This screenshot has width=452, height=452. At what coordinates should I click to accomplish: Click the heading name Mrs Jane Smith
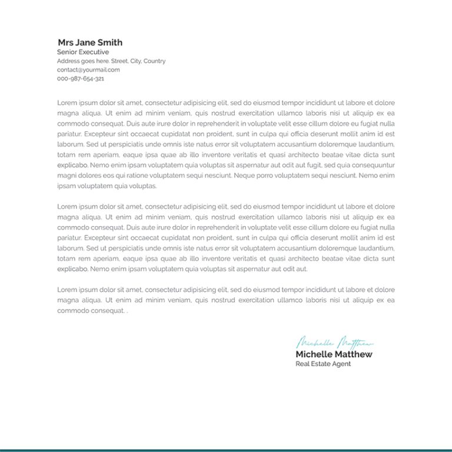[x=90, y=42]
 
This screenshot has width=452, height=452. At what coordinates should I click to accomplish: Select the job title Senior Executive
[x=83, y=52]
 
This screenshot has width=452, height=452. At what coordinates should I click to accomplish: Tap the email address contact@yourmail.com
[x=88, y=69]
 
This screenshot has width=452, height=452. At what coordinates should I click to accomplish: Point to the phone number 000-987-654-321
[x=81, y=78]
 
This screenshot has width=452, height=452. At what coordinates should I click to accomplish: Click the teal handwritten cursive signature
[x=334, y=343]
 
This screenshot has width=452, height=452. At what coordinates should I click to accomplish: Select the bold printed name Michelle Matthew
[x=334, y=354]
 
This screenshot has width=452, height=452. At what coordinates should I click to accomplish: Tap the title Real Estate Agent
[x=323, y=364]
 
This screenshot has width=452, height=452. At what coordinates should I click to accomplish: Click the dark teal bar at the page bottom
[x=226, y=450]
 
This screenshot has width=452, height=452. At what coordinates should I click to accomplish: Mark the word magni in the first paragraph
[x=66, y=175]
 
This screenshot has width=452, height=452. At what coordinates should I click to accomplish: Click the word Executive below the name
[x=95, y=52]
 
